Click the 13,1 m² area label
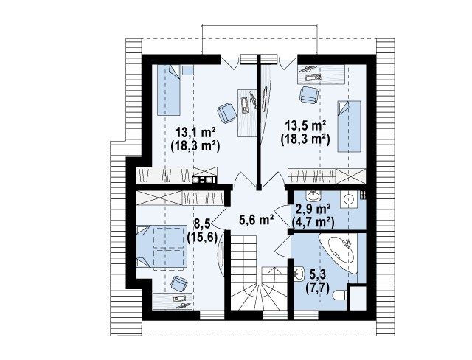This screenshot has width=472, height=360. pos(195,132)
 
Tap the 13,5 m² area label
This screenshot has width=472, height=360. pos(305,125)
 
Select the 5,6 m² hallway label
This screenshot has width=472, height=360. pos(257,220)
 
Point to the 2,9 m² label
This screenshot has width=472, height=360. pos(313,208)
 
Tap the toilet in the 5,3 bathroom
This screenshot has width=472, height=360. pos(340,294)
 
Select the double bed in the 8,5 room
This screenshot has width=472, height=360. pos(161,246)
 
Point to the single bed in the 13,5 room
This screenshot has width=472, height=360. pos(349,126)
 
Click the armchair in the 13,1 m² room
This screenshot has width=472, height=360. pos(226,113)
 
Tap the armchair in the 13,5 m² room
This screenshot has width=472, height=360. pos(309,94)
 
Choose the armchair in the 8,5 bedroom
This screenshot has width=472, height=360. pos(178,284)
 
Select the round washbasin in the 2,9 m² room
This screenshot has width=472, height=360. pos(349,199)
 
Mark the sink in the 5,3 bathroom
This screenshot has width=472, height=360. pos(299,274)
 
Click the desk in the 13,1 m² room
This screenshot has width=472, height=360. pos(248,113)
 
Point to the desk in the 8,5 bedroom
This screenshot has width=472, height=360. pos(173,301)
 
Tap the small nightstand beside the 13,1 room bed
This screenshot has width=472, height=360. pos(188,70)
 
